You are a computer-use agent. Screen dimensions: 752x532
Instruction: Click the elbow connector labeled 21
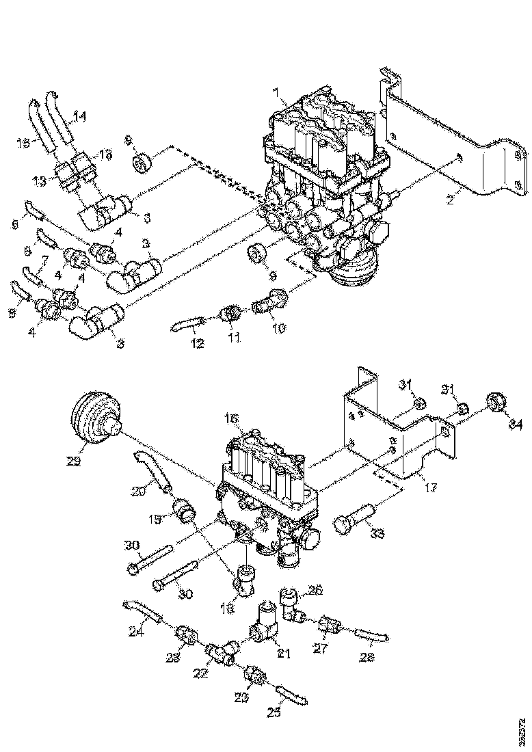(x=263, y=627)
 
